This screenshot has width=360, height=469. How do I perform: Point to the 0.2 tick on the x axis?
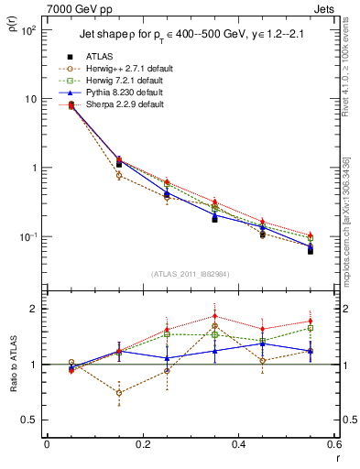pos(142,444)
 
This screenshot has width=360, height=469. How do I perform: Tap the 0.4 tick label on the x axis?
pos(238,444)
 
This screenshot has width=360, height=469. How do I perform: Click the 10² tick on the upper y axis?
pos(29,30)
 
